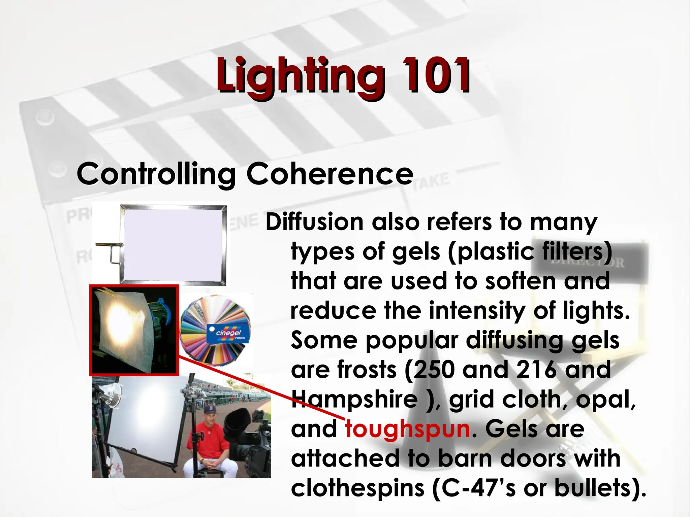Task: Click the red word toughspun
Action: [x=408, y=429]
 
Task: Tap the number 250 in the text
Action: [x=434, y=370]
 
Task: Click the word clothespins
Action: [x=357, y=488]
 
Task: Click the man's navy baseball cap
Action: [x=209, y=410]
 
